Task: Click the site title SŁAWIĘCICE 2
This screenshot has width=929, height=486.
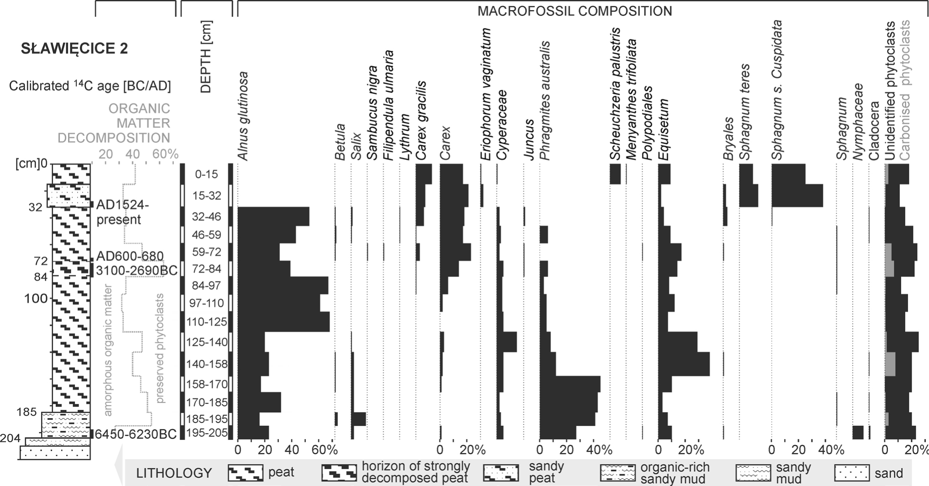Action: point(74,48)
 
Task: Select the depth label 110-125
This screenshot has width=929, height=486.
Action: point(206,322)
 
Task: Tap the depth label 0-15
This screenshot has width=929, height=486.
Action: point(206,174)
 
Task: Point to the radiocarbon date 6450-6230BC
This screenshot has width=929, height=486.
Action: point(136,434)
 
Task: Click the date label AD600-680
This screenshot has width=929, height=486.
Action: point(123,256)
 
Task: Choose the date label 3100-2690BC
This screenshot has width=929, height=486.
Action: point(136,270)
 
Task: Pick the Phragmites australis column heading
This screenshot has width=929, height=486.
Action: point(545,101)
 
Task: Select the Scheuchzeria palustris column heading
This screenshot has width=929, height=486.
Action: point(615,94)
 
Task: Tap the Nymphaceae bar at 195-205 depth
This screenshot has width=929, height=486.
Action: point(858,432)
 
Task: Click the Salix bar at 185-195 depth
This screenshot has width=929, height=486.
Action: point(358,419)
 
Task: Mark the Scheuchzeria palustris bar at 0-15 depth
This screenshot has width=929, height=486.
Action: point(615,174)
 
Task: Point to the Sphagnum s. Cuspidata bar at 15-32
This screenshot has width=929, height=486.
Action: point(797,196)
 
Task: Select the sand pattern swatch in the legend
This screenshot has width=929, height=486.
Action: point(852,473)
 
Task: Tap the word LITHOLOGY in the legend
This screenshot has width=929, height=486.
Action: point(174,473)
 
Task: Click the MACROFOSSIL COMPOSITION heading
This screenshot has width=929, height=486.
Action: point(575,11)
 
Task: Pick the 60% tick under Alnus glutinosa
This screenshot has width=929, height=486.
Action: point(325,450)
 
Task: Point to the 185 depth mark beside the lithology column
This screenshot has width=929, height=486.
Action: point(26,412)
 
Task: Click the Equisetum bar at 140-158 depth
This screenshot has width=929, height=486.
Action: point(684,364)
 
